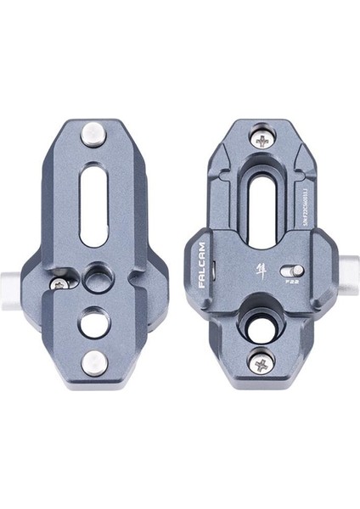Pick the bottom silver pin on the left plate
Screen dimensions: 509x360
[91, 363]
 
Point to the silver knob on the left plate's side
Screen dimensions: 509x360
[31, 279]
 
